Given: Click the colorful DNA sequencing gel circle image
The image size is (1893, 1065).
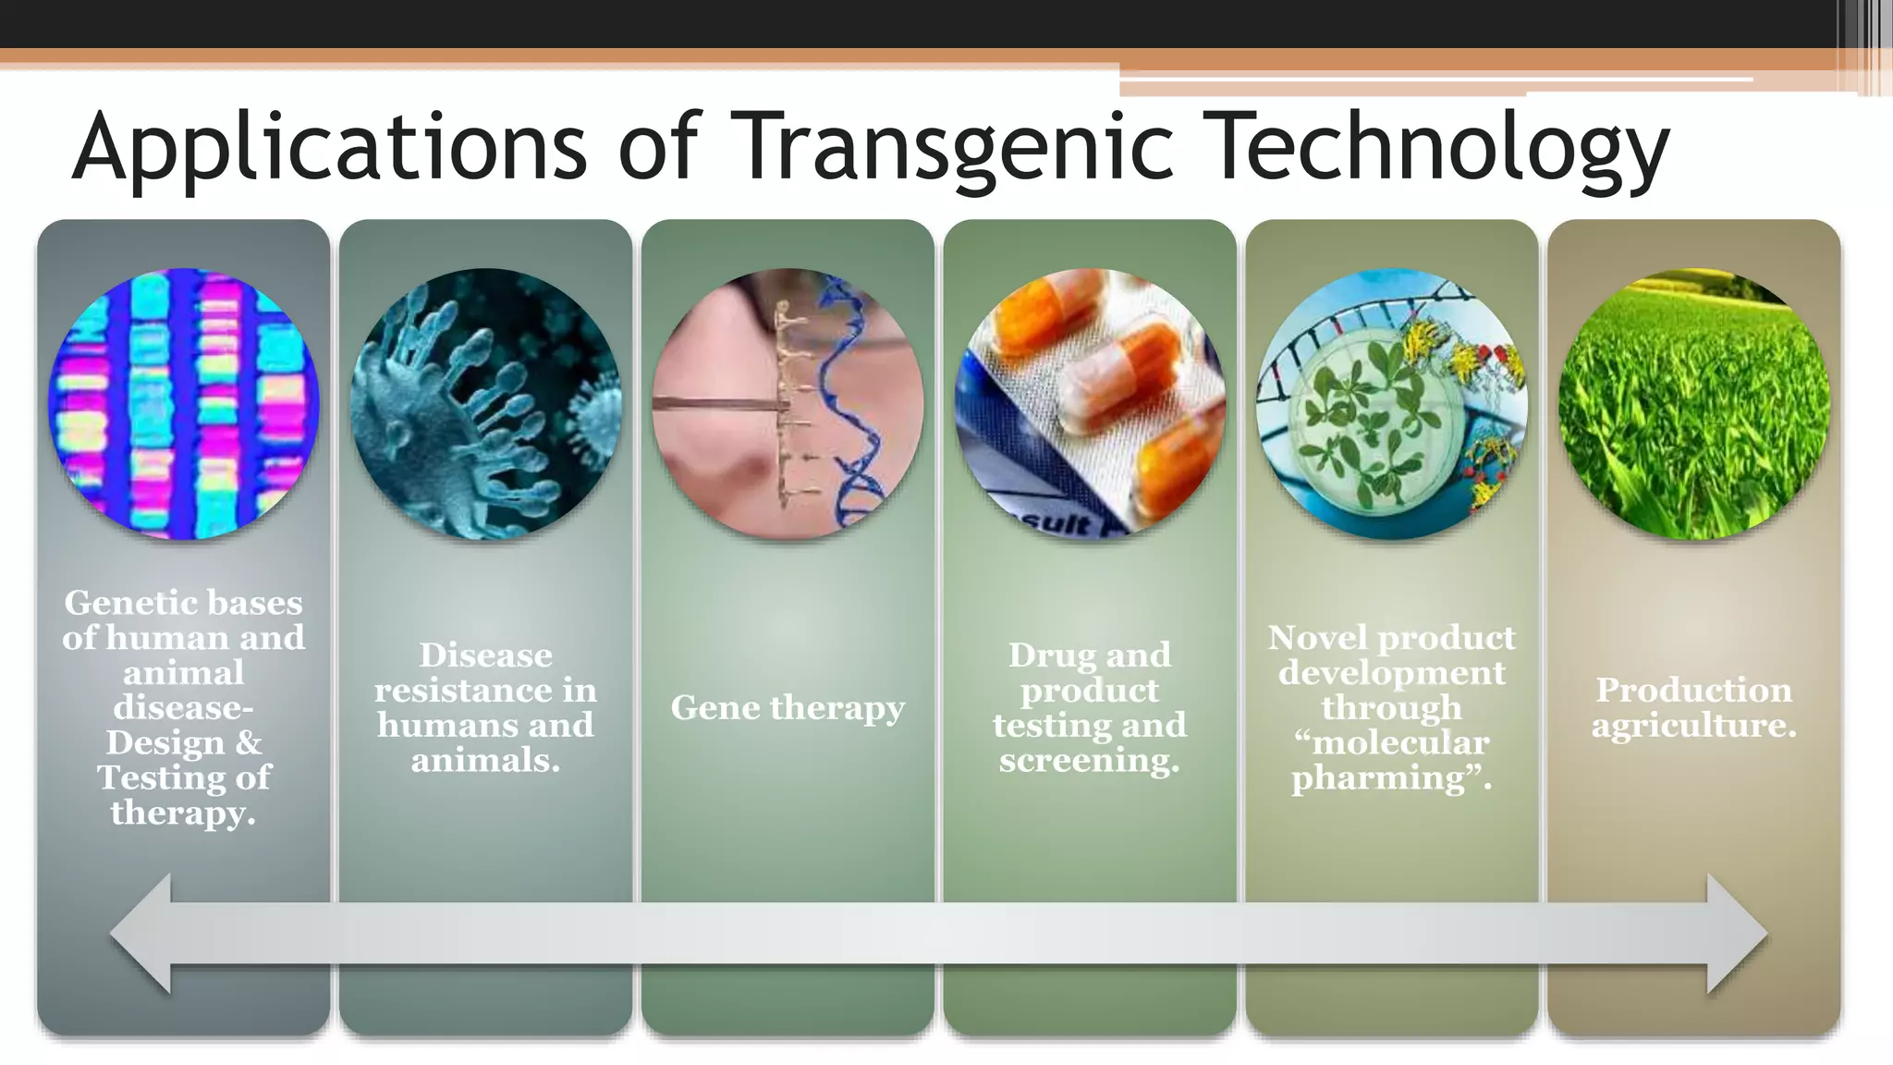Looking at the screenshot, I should click(183, 404).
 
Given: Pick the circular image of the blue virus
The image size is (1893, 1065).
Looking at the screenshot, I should click(485, 404).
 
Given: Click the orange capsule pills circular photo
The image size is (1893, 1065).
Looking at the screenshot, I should click(1090, 404).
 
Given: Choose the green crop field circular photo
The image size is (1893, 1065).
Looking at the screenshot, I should click(1693, 404).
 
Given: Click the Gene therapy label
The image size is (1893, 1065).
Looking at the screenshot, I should click(788, 707).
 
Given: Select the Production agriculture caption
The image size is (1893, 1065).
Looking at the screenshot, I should click(1693, 707).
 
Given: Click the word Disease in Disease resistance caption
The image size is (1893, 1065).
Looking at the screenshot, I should click(485, 655).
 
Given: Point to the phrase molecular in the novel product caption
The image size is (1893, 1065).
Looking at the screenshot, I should click(1399, 742).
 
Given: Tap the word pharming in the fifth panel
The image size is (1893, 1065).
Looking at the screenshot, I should click(1377, 778).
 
